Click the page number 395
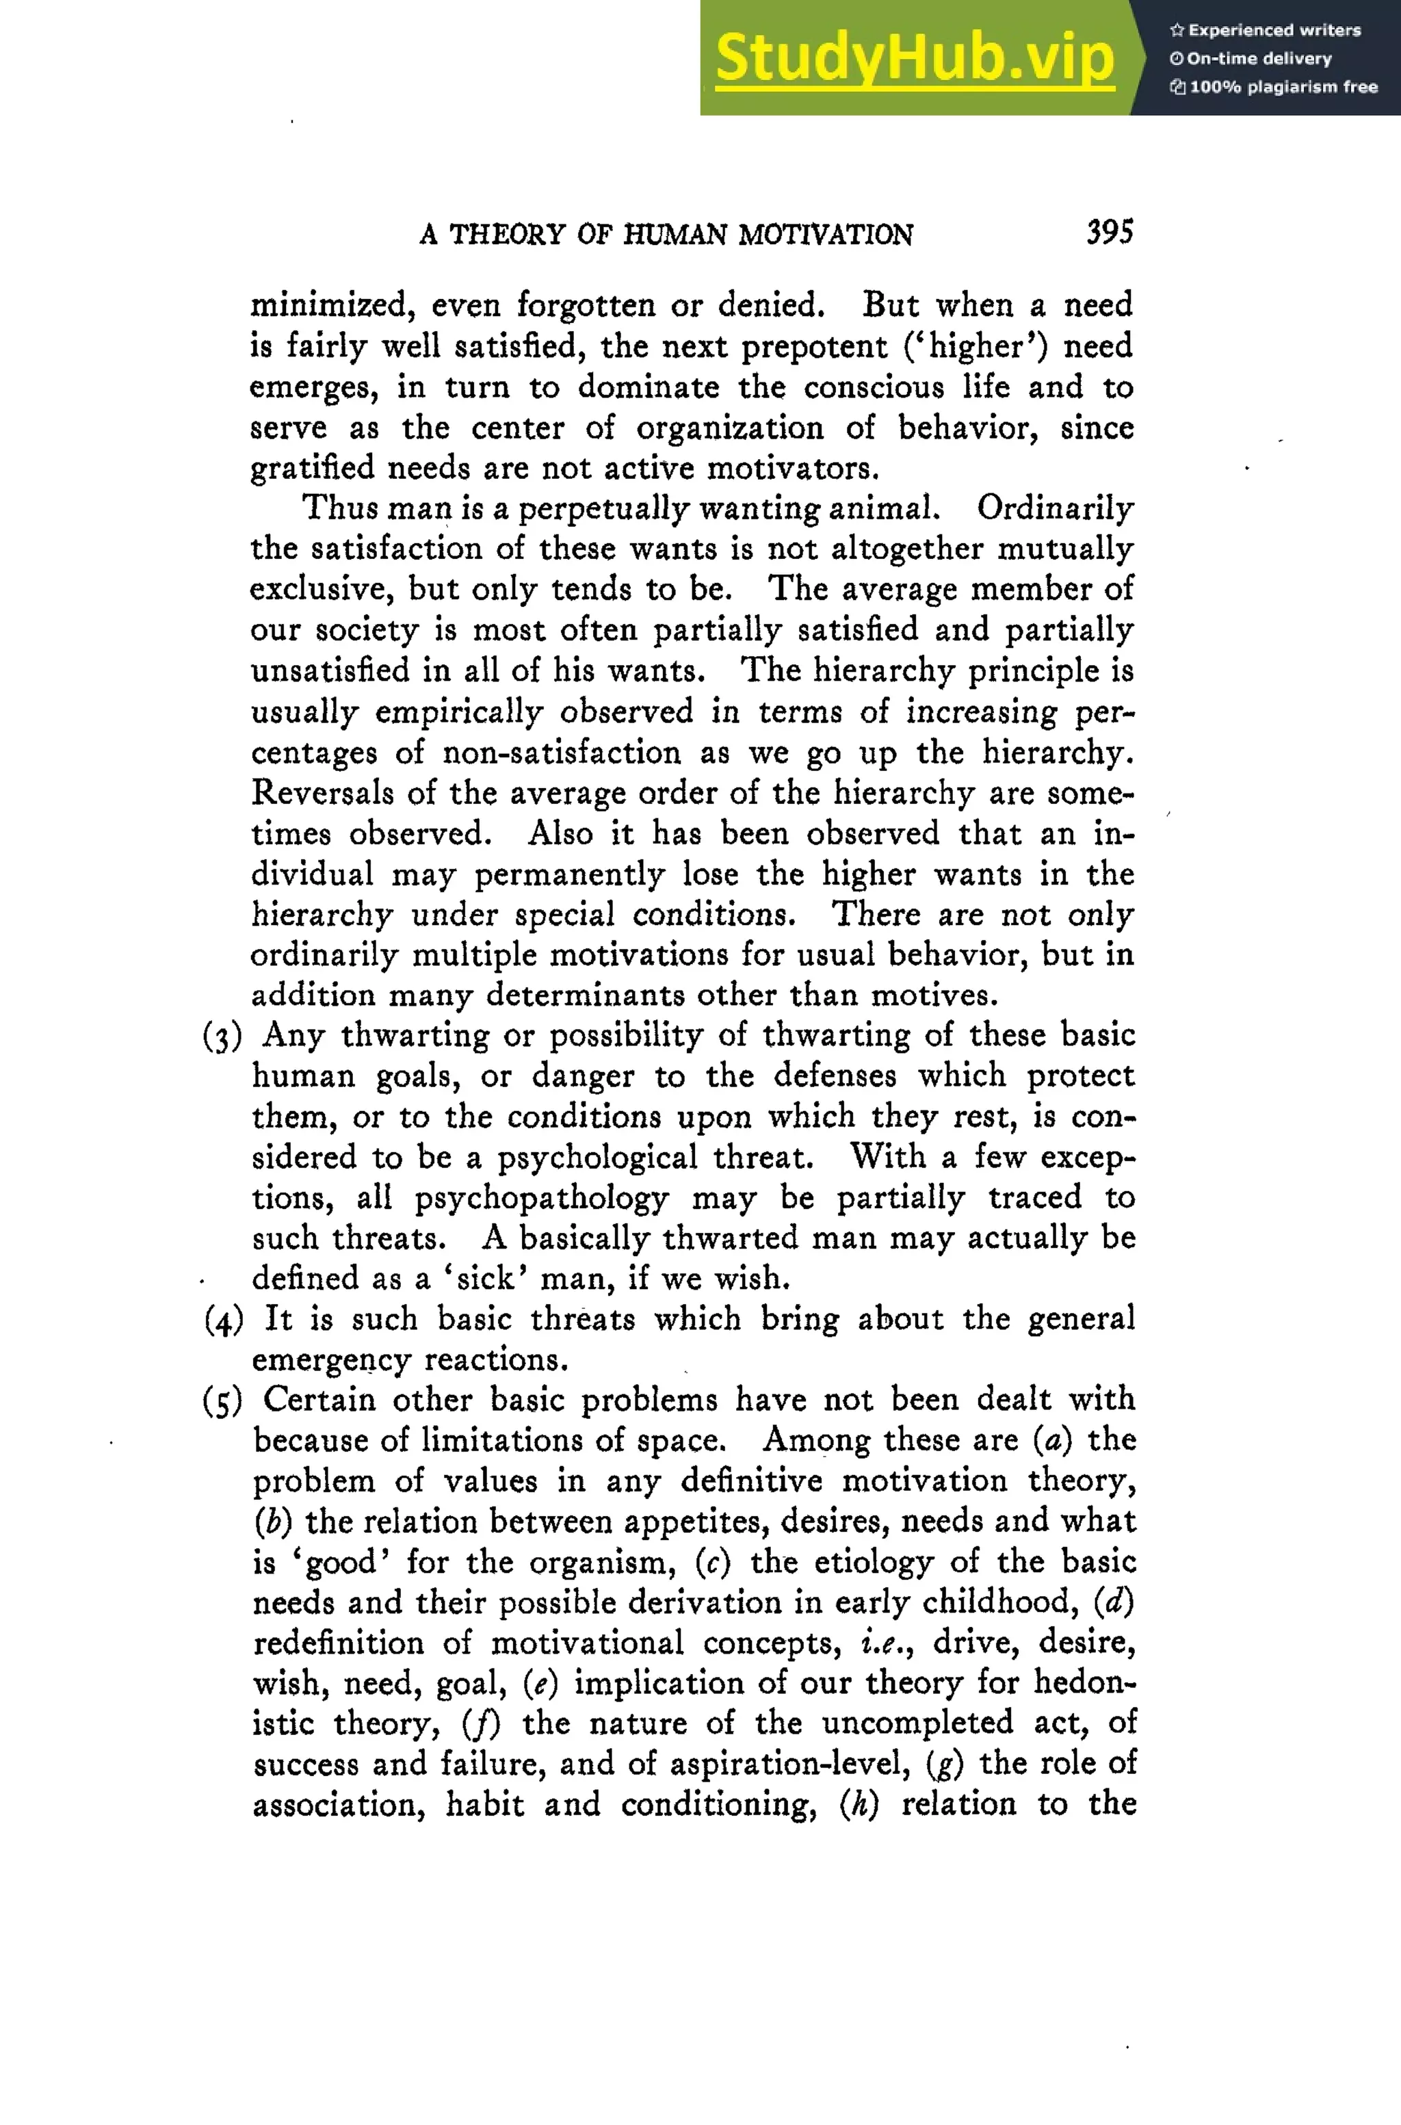1109,233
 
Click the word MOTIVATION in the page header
825,235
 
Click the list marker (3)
222,1037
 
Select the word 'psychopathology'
542,1199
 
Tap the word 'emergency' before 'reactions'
330,1361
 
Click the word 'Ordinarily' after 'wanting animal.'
1054,508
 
